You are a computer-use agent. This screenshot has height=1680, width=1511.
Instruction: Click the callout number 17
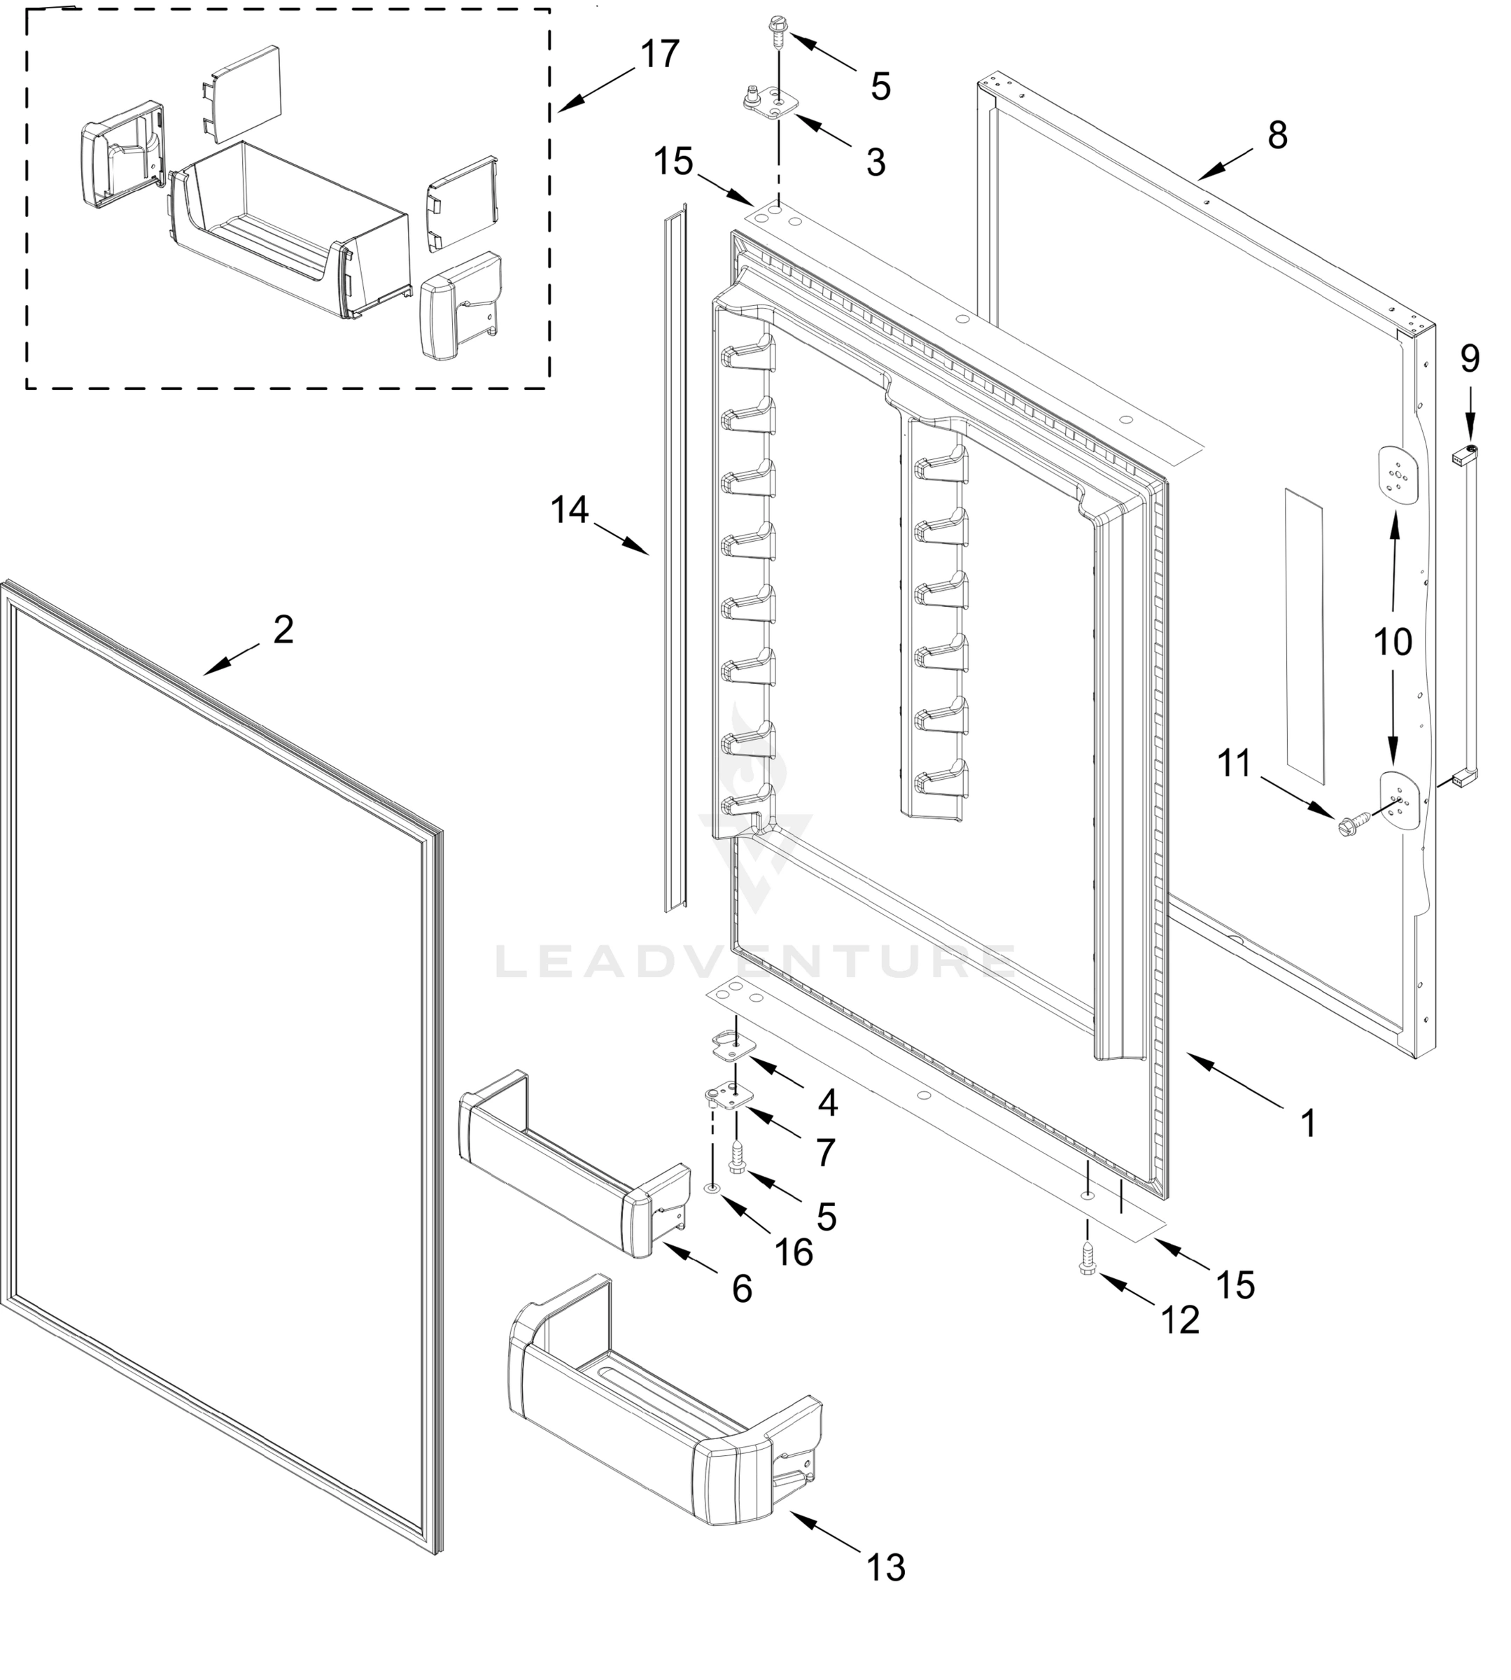point(660,55)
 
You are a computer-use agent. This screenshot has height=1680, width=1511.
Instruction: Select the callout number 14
point(570,510)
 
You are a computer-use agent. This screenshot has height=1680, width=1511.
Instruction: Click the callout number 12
point(1180,1320)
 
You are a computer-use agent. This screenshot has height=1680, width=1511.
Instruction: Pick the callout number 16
point(794,1252)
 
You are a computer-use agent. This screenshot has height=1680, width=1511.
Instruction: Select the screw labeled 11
point(1347,825)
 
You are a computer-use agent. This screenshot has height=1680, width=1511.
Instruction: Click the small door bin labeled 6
point(573,1161)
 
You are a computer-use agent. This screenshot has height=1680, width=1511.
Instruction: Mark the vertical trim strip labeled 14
point(675,556)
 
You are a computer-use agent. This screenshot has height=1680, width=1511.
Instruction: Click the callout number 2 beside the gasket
point(283,631)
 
